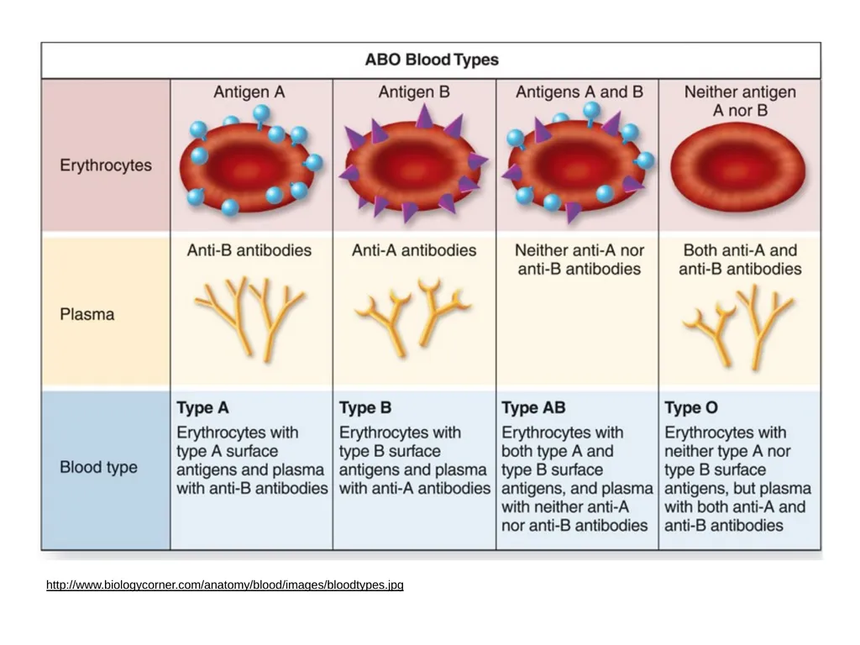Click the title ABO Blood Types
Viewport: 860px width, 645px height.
coord(432,60)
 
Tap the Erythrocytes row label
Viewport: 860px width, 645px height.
coord(106,165)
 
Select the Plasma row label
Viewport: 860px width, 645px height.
coord(87,314)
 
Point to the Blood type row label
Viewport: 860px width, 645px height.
coord(99,467)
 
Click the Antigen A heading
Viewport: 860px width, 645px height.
coord(249,92)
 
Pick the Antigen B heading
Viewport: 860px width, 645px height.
coord(414,92)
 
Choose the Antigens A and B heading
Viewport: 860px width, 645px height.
coord(579,92)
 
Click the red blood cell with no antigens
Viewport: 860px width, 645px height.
coord(738,168)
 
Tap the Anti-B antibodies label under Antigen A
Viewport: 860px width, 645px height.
coord(249,250)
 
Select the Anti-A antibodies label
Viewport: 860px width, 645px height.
coord(414,250)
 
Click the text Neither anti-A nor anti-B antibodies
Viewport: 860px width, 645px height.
coord(579,260)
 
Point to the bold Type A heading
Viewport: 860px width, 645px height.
coord(203,407)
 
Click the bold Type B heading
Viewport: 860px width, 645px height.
coord(365,407)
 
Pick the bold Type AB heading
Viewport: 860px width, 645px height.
coord(533,407)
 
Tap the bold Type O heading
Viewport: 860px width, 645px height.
coord(691,407)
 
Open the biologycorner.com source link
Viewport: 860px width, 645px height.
coord(225,585)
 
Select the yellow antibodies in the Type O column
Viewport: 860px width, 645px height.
coord(738,327)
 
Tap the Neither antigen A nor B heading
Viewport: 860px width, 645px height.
coord(740,101)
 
